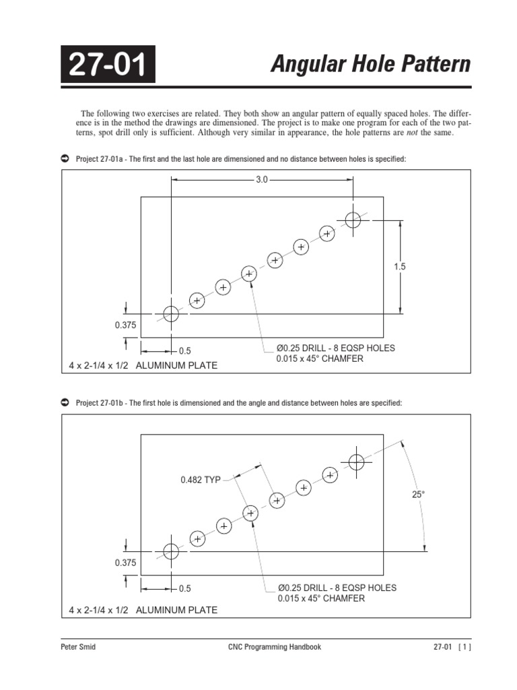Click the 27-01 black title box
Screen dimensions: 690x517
click(108, 65)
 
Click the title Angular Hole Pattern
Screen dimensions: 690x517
click(370, 65)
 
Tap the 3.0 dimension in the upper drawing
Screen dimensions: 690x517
click(262, 180)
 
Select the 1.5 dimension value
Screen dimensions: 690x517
click(400, 267)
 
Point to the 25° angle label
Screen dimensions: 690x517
click(419, 495)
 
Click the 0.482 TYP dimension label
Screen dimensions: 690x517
click(201, 480)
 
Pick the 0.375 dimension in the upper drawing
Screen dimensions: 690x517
click(125, 325)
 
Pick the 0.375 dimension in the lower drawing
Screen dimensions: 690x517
click(125, 562)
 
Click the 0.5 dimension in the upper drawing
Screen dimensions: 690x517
click(184, 351)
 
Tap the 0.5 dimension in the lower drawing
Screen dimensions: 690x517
click(184, 588)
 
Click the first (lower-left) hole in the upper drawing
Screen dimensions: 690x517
click(171, 314)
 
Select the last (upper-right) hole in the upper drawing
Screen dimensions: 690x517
click(353, 219)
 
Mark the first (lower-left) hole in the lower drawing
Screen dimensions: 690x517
click(171, 551)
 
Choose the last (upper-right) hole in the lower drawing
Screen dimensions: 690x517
click(356, 462)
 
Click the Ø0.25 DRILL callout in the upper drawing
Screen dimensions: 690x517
click(335, 348)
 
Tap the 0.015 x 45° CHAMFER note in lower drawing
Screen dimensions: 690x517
click(320, 598)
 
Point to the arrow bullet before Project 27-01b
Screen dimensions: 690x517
click(65, 402)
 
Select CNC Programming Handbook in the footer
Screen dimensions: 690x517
click(275, 647)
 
